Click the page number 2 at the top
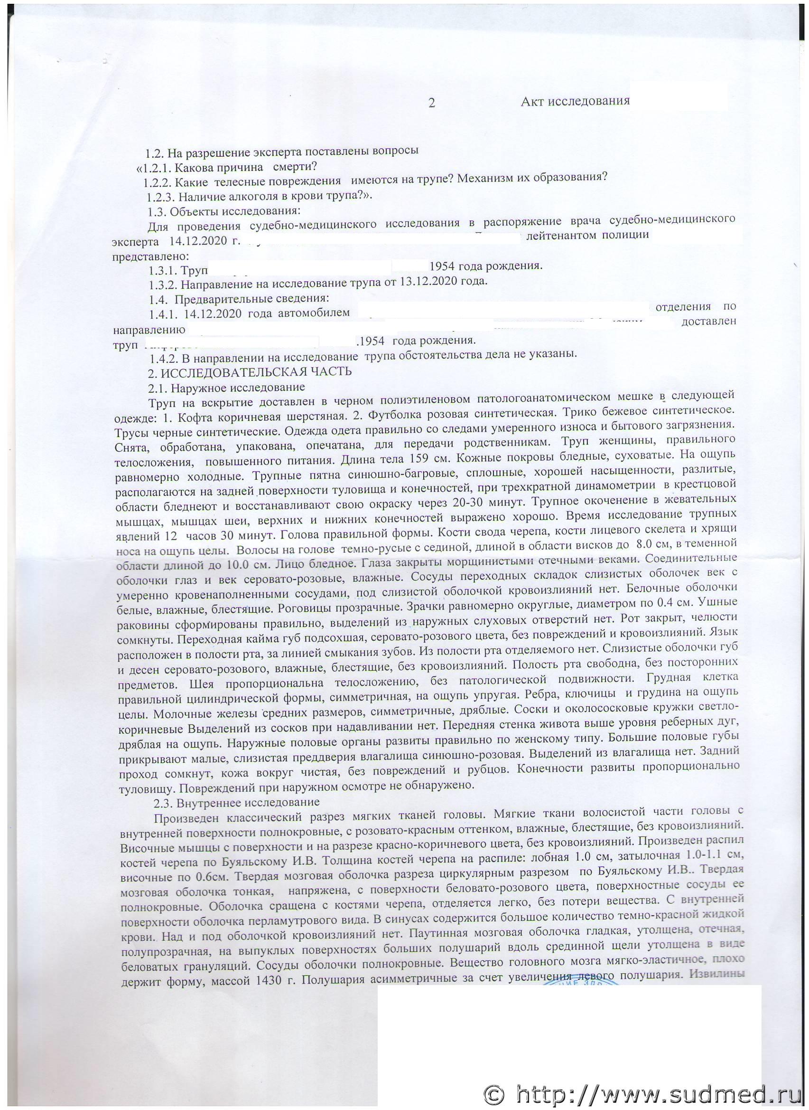[x=431, y=103]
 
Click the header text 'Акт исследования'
[x=575, y=102]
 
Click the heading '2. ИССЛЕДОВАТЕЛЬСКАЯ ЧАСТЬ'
[x=250, y=371]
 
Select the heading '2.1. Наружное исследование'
[x=226, y=387]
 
